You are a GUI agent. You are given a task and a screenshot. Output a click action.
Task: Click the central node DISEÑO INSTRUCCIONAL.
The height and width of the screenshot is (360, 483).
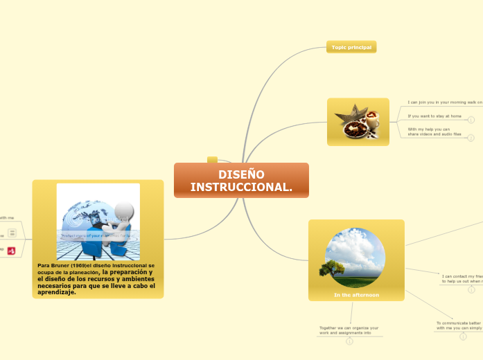[241, 181]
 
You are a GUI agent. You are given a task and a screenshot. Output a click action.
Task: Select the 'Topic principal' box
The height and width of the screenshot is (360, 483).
[351, 47]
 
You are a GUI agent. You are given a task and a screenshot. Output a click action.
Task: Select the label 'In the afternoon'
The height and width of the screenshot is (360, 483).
[356, 295]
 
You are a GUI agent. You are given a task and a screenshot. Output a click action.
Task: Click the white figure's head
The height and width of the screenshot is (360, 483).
[125, 211]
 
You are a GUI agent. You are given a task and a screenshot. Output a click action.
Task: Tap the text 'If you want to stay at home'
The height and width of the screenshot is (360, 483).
[434, 116]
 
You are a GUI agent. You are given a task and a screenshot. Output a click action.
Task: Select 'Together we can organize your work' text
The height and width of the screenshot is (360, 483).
[349, 330]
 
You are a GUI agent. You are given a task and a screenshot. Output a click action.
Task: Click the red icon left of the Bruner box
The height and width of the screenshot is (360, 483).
[12, 251]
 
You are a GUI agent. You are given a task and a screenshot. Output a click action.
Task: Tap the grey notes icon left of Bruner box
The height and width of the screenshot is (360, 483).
[12, 233]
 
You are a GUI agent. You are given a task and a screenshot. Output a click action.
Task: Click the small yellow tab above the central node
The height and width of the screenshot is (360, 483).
[212, 160]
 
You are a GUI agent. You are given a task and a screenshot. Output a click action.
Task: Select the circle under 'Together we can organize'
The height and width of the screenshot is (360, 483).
[349, 341]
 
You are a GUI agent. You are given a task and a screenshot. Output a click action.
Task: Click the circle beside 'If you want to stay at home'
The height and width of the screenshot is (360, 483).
[471, 120]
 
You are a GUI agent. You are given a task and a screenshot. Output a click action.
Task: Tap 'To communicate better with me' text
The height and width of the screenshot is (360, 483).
[458, 325]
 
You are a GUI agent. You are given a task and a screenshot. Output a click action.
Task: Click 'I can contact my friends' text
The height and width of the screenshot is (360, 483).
[462, 278]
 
